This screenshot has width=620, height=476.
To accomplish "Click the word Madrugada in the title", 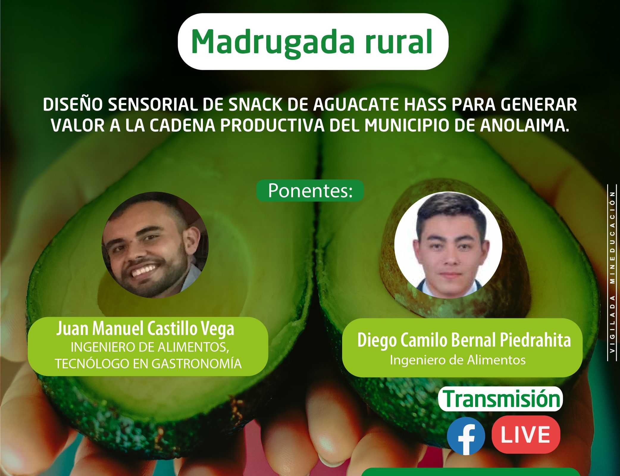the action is coord(273,43).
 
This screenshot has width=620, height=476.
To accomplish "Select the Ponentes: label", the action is coord(310,191).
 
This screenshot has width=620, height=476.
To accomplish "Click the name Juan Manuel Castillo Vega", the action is coord(145,329).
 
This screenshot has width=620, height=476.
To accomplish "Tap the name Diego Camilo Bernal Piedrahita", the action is coord(464,340).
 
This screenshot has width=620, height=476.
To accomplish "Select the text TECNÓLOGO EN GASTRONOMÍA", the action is coord(148,364).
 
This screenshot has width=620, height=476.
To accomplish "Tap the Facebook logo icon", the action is coord(466,436).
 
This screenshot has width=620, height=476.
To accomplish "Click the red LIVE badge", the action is coord(526,435).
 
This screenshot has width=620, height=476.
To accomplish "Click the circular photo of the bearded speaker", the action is coord(155,245).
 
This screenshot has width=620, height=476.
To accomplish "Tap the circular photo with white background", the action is coord(448,245).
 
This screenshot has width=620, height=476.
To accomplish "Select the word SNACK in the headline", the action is coord(255,105).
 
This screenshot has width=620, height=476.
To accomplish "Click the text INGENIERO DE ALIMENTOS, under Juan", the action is coord(150,347).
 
